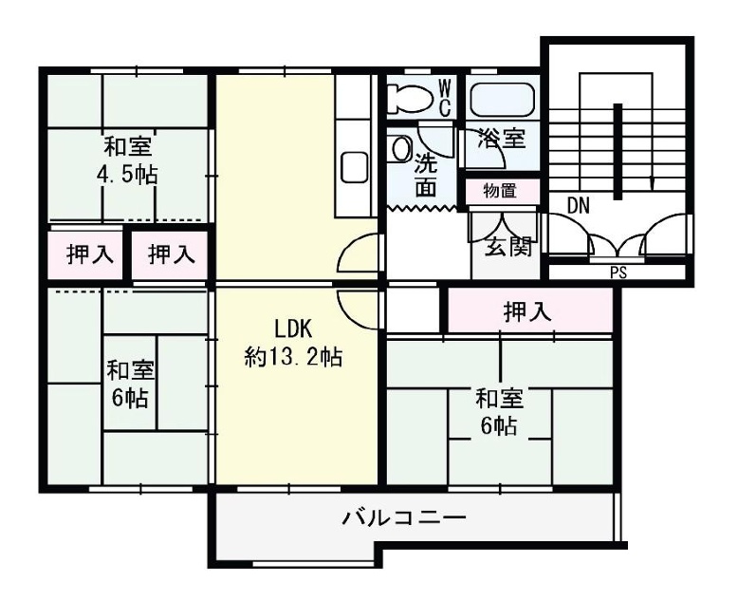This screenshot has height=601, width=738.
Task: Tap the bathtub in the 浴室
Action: pyautogui.click(x=503, y=100)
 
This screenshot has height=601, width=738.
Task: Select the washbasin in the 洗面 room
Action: pyautogui.click(x=401, y=148)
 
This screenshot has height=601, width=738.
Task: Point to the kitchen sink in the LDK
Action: pyautogui.click(x=355, y=167)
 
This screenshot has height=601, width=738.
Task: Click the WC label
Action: pyautogui.click(x=445, y=98)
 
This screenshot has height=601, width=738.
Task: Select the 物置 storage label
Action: pyautogui.click(x=500, y=191)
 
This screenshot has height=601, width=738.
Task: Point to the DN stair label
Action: pyautogui.click(x=579, y=206)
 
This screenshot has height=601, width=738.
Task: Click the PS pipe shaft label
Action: pyautogui.click(x=618, y=272)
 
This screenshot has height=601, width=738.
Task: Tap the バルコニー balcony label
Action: pyautogui.click(x=404, y=518)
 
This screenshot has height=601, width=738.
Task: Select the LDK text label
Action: pyautogui.click(x=293, y=329)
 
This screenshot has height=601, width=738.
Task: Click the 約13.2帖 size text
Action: pyautogui.click(x=293, y=358)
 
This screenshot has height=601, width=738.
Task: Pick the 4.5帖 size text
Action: pyautogui.click(x=127, y=176)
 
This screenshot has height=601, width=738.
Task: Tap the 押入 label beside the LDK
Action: pyautogui.click(x=172, y=254)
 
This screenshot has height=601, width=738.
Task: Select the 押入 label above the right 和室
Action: pyautogui.click(x=527, y=311)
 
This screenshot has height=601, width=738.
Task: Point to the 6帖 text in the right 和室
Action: pyautogui.click(x=499, y=426)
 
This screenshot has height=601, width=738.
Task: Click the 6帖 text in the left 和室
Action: pyautogui.click(x=130, y=398)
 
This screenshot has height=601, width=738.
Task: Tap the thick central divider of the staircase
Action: pyautogui.click(x=618, y=152)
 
